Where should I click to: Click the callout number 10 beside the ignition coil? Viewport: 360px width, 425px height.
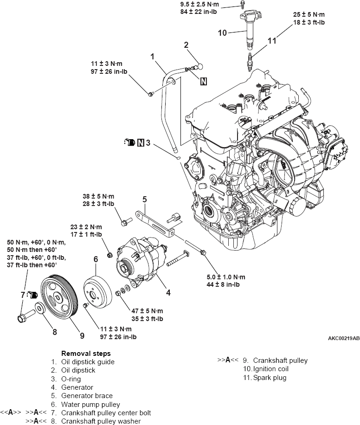click(x=223, y=32)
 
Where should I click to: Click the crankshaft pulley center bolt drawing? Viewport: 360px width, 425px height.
click(x=22, y=318)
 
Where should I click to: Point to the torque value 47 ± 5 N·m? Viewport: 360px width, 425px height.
click(x=147, y=310)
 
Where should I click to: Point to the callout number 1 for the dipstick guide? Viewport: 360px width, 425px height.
click(x=152, y=56)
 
